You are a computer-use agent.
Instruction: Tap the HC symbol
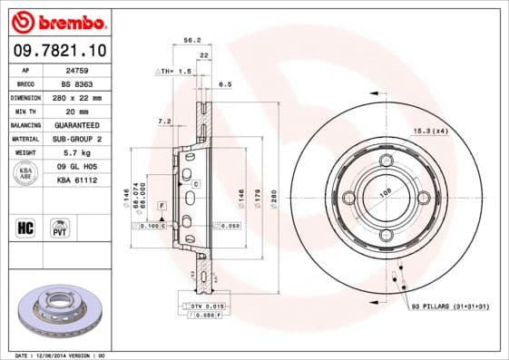25,226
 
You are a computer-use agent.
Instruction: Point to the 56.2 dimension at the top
191,41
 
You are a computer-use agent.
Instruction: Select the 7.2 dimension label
164,120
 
